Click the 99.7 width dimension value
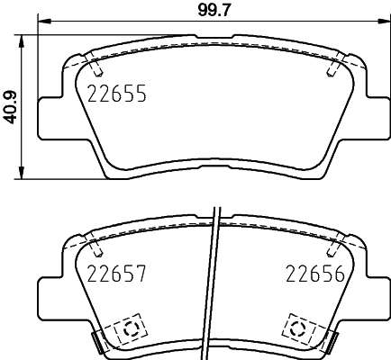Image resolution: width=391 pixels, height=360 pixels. [x=214, y=11]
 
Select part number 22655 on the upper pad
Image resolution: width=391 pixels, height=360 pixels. [x=117, y=94]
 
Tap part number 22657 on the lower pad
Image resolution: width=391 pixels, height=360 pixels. [x=116, y=274]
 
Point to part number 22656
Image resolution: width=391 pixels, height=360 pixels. [x=315, y=274]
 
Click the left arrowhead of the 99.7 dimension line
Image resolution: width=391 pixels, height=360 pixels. [x=44, y=22]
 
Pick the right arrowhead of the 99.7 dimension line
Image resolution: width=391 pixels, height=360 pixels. [x=384, y=22]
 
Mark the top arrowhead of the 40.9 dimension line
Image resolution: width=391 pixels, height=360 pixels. [x=22, y=42]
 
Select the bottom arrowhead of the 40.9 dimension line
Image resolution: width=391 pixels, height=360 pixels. [x=22, y=172]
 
